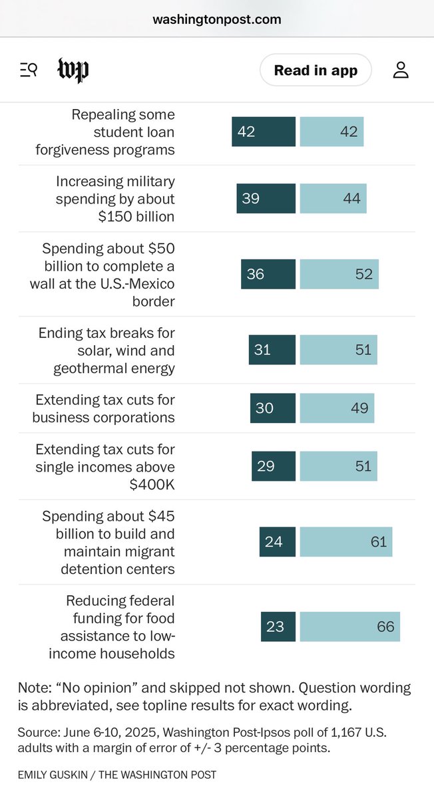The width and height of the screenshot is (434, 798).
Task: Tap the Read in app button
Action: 316,70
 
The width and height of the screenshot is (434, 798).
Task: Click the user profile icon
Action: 400,70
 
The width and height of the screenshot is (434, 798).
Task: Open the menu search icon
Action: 29,70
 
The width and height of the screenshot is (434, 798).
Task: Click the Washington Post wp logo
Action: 73,70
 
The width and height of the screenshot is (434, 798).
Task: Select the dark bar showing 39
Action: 266,198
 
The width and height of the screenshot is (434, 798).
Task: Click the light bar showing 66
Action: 349,626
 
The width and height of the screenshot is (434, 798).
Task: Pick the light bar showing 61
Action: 345,542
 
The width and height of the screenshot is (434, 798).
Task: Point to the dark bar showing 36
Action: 268,274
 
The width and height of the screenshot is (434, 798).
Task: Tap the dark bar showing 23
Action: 278,626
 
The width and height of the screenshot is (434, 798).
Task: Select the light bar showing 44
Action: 333,198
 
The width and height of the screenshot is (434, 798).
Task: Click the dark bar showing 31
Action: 272,349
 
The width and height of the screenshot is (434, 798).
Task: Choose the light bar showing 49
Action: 337,408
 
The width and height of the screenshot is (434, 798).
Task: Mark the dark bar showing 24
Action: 277,542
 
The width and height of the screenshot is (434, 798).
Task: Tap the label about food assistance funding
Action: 112,626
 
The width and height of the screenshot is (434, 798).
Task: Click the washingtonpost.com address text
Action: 217,19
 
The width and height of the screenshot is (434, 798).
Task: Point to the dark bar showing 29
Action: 273,466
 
